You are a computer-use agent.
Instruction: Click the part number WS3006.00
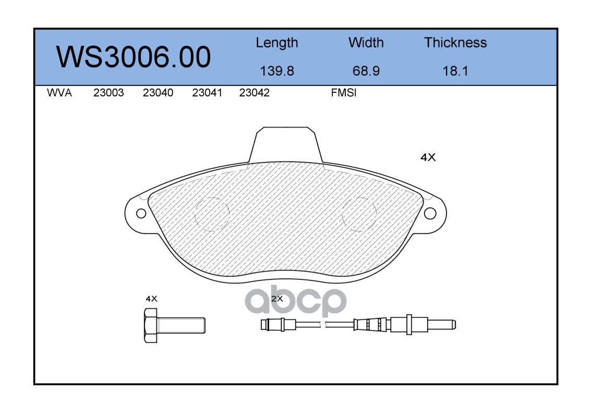[x=134, y=57]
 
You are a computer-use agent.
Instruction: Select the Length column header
[x=277, y=43]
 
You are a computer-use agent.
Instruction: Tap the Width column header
[x=366, y=42]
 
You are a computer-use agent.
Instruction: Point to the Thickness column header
[x=455, y=42]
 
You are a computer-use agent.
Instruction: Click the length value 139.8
[x=277, y=71]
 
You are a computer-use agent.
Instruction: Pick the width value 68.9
[x=366, y=71]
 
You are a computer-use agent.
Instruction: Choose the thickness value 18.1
[x=455, y=71]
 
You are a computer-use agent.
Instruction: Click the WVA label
[x=59, y=93]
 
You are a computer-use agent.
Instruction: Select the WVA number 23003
[x=108, y=93]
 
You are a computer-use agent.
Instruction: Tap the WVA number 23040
[x=158, y=93]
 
